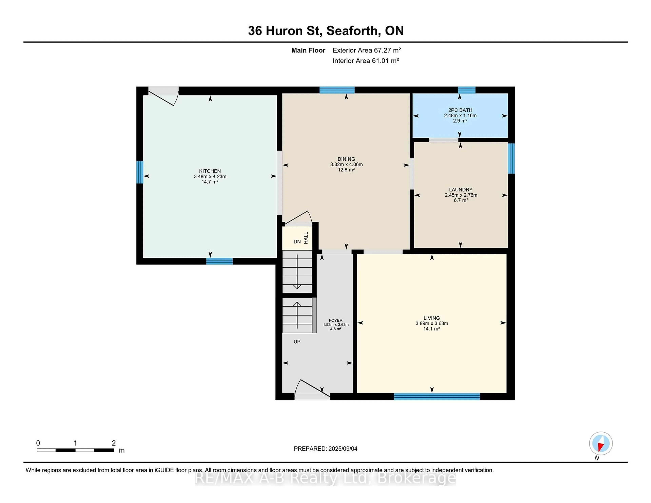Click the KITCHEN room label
tap(210, 171)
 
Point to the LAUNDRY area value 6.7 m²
tap(460, 200)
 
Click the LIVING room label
tap(431, 318)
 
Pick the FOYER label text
tap(336, 320)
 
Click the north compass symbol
tap(601, 443)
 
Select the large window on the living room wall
tap(437, 396)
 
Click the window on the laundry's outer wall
tap(511, 158)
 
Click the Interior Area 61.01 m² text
tap(366, 61)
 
